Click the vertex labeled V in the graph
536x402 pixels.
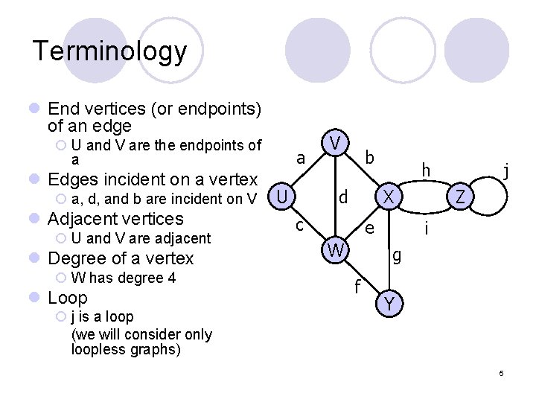pos(337,142)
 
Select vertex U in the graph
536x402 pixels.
pos(281,197)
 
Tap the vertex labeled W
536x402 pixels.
pos(336,251)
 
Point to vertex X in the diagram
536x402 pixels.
pos(387,197)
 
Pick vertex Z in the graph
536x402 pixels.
pos(461,197)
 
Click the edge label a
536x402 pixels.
pos(301,159)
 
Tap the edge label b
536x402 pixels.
pos(370,158)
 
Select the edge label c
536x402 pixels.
pos(299,224)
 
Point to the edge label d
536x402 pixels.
pos(343,198)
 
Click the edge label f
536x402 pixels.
pos(358,286)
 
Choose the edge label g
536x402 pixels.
pos(397,255)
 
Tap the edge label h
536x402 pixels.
pos(426,170)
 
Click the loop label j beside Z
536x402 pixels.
pos(505,172)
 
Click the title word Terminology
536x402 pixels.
pos(109,51)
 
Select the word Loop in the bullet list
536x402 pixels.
pos(68,298)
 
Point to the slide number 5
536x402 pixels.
pos(502,372)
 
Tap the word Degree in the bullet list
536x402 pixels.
pos(71,258)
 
